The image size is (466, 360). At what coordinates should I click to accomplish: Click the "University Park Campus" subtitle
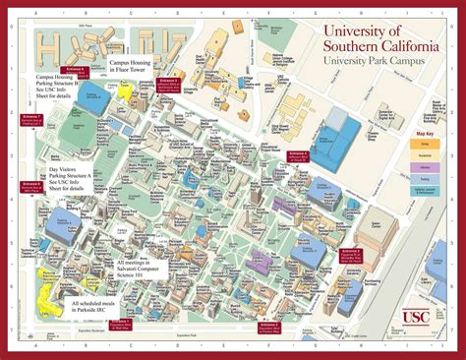click(376, 61)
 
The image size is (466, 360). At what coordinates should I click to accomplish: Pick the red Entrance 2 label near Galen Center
click(351, 254)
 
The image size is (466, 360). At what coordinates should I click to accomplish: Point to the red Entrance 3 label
click(268, 326)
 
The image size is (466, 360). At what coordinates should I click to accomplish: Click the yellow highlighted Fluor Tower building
click(125, 91)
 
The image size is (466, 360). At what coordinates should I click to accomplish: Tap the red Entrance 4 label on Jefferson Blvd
click(298, 156)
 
